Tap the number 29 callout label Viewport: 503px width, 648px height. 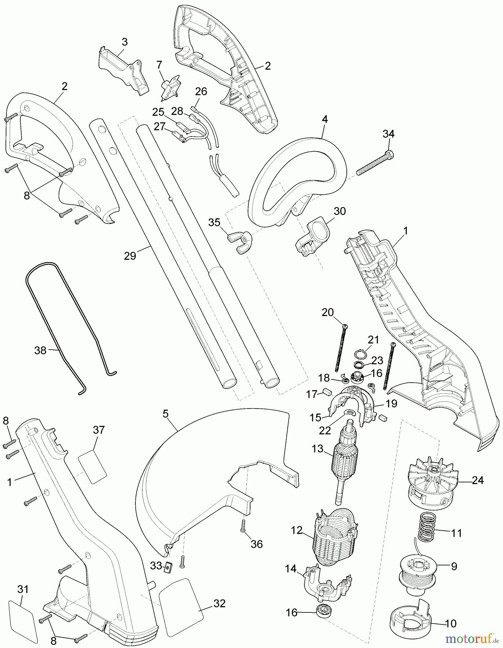point(130,256)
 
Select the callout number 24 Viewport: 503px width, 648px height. point(477,480)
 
